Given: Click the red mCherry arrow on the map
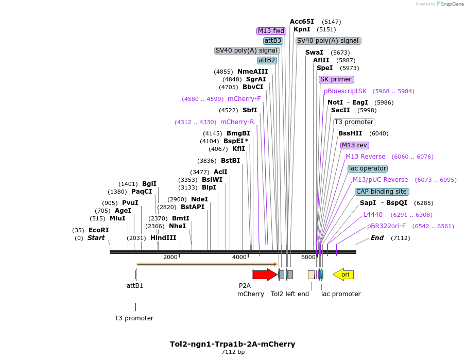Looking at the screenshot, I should (x=265, y=275).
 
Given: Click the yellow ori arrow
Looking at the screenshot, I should (x=343, y=275).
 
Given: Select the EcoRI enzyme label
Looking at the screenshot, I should (x=98, y=230).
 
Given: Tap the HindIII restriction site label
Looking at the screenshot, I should (x=163, y=238).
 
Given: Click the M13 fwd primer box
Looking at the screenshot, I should (x=271, y=31).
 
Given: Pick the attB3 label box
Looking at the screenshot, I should (x=273, y=41).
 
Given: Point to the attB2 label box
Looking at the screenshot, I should (x=267, y=60).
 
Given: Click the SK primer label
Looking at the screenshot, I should (x=336, y=79).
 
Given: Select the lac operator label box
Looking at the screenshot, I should (x=368, y=168).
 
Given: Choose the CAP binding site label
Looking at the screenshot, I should (x=382, y=192).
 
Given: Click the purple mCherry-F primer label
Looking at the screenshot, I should (x=244, y=99).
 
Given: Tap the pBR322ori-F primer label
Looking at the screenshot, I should (x=386, y=226).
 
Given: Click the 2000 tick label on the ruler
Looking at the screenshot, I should (x=170, y=257).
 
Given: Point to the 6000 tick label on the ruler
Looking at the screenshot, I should (x=308, y=257).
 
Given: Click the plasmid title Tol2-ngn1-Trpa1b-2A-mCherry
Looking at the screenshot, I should (x=233, y=344).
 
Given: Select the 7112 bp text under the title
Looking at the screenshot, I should (x=233, y=352).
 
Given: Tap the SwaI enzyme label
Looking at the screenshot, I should (x=314, y=53).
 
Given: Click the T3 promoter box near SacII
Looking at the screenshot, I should (x=354, y=122).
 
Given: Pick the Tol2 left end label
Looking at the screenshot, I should (x=290, y=294).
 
